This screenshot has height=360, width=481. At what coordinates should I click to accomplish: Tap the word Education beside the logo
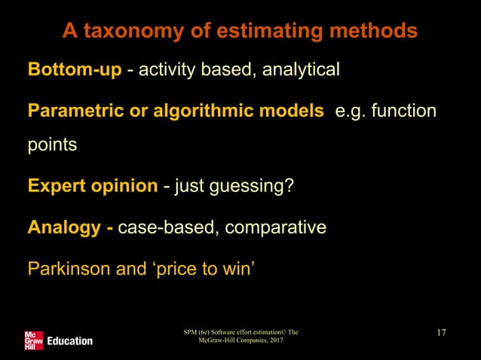(69, 341)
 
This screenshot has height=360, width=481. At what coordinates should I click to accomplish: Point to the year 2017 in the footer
(273, 341)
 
